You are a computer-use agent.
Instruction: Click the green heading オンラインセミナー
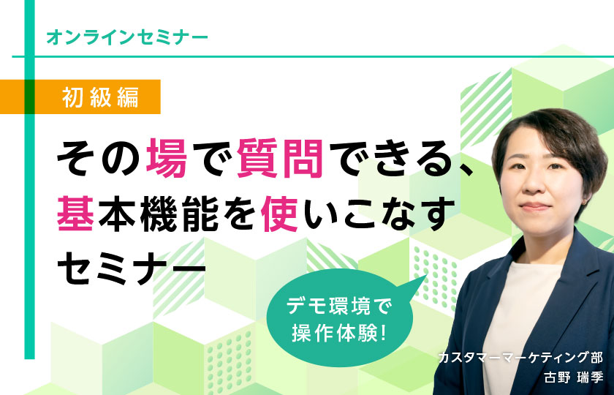tap(127, 37)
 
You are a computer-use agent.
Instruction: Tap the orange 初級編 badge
tap(80, 97)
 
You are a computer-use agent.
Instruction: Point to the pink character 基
tap(76, 214)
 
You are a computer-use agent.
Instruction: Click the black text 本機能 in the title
tap(158, 214)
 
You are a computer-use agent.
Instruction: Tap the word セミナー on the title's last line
tap(132, 268)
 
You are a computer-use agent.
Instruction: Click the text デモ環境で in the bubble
tap(339, 306)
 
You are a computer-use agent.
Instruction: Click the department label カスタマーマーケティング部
tap(520, 358)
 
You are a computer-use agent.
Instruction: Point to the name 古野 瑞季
tap(574, 377)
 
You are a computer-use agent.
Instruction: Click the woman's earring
tap(584, 202)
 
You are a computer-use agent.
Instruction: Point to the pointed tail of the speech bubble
tap(426, 275)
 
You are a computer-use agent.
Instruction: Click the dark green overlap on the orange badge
tap(29, 97)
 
